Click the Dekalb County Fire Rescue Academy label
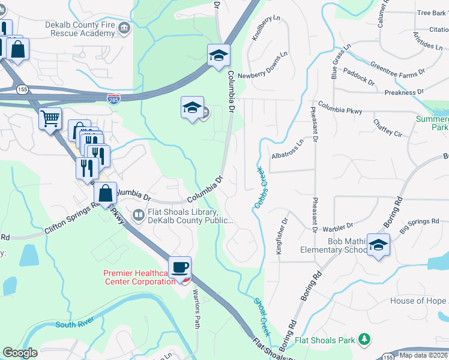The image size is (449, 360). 79,29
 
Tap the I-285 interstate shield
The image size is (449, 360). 113,97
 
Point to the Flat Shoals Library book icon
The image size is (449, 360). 139,214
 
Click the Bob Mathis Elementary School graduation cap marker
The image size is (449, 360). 378,245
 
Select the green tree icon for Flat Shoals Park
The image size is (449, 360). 363,340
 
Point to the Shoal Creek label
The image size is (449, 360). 262,317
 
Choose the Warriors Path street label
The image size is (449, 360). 196,308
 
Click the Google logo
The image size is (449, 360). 20,352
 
